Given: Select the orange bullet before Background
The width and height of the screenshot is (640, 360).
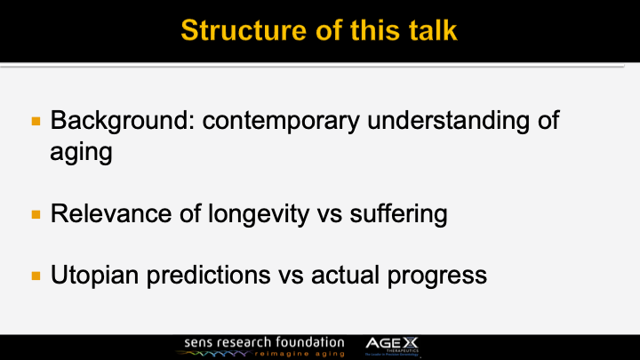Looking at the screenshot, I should pos(36,120).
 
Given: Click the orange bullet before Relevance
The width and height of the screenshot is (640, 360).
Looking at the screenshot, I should pos(36,214).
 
